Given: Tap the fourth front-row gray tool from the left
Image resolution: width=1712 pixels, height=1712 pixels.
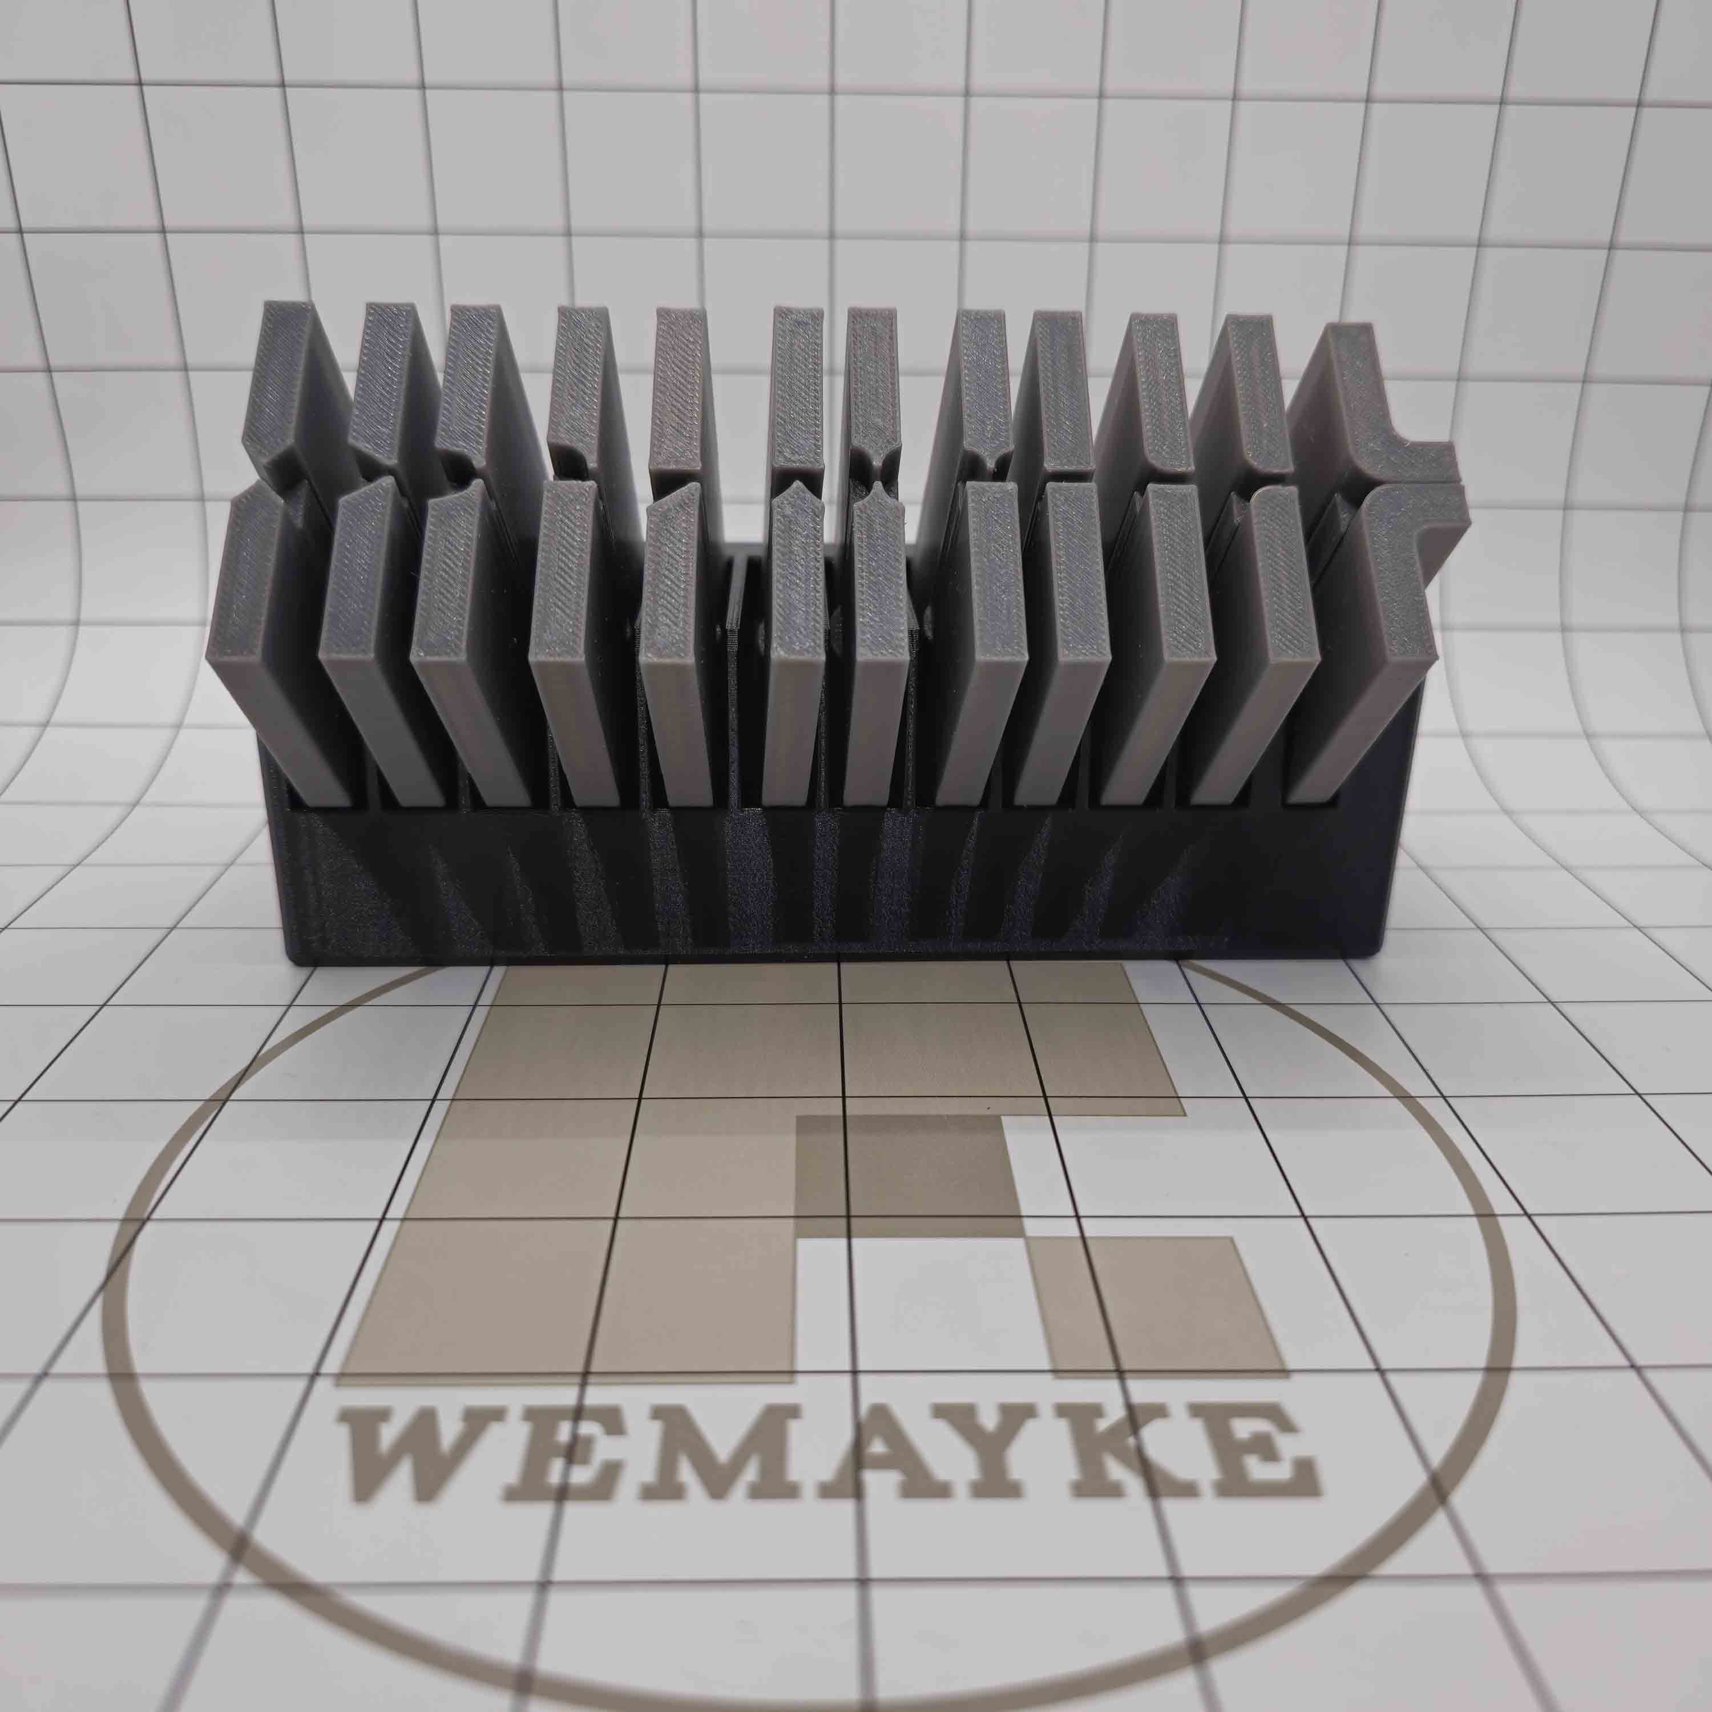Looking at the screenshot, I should click(x=576, y=656).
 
